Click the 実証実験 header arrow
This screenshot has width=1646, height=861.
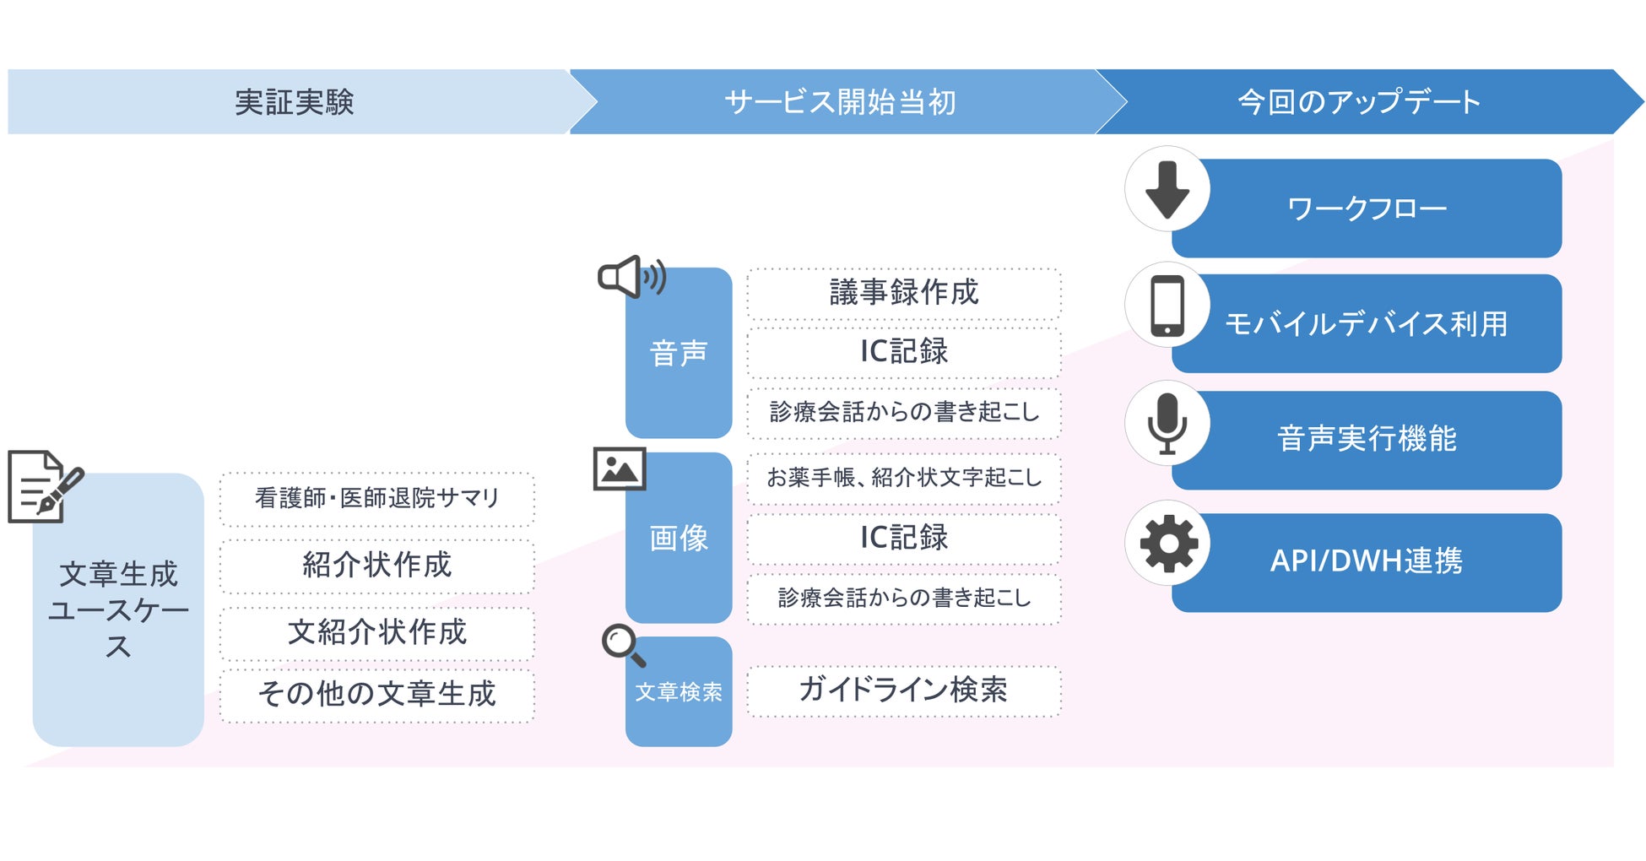pos(294,102)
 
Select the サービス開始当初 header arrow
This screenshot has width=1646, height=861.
pos(840,102)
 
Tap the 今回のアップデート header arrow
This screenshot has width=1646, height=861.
pos(1359,102)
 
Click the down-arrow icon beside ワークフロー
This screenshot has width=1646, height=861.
pos(1167,190)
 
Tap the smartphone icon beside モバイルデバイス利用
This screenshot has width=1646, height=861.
pos(1167,306)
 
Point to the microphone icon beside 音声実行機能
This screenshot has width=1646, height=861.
pos(1167,423)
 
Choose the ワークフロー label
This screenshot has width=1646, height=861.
pos(1367,208)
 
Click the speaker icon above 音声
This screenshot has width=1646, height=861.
pos(631,277)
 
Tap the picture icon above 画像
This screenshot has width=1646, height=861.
pos(620,469)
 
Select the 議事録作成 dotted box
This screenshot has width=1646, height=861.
pos(904,293)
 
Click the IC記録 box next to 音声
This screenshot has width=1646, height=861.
pos(904,352)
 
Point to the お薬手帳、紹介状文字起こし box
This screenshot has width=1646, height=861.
pos(904,478)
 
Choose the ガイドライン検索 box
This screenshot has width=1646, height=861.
pos(904,690)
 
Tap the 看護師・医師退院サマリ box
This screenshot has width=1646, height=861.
pos(377,498)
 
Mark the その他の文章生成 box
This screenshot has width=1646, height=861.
pos(377,695)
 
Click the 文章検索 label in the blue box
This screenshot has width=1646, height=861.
pos(679,692)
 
